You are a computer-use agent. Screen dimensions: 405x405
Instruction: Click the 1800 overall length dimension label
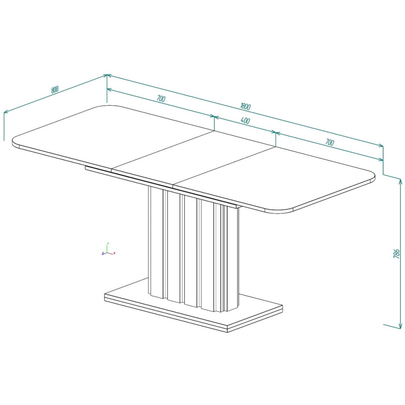[x=245, y=106]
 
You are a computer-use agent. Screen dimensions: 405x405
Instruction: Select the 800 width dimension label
[x=55, y=90]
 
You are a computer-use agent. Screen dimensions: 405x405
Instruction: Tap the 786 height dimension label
[x=396, y=254]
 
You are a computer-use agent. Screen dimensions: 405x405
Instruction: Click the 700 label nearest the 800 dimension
[x=161, y=98]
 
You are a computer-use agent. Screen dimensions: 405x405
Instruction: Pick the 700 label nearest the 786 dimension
[x=330, y=142]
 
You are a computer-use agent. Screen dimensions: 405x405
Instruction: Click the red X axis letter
[x=115, y=253]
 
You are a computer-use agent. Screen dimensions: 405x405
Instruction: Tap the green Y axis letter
[x=108, y=243]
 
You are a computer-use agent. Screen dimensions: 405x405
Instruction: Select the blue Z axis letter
[x=103, y=254]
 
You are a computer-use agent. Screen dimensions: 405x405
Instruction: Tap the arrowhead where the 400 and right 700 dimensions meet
[x=276, y=133]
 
